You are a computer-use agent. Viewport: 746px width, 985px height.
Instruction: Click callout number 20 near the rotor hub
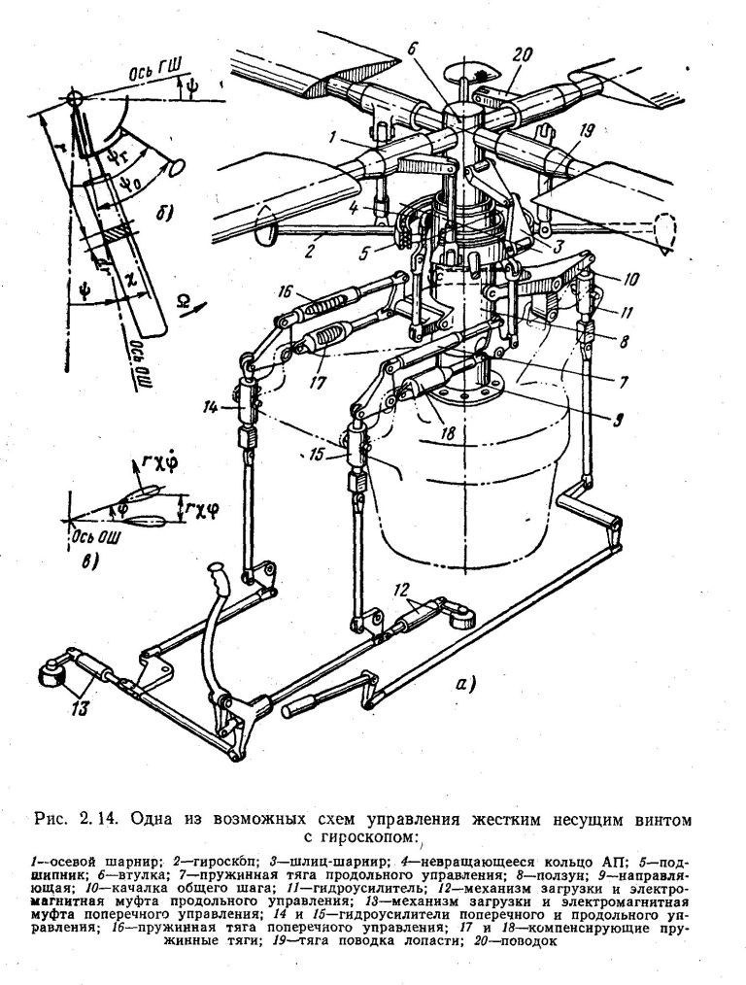(522, 54)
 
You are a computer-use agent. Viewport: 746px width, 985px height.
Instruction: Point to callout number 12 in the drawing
(402, 590)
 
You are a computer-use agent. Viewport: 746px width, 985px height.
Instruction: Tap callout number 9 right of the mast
(618, 418)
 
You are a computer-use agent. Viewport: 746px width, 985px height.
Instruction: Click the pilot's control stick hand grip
(220, 577)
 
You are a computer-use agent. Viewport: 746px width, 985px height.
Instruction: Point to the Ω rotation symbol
(182, 300)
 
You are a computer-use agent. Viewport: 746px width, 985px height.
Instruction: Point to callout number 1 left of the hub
(333, 135)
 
